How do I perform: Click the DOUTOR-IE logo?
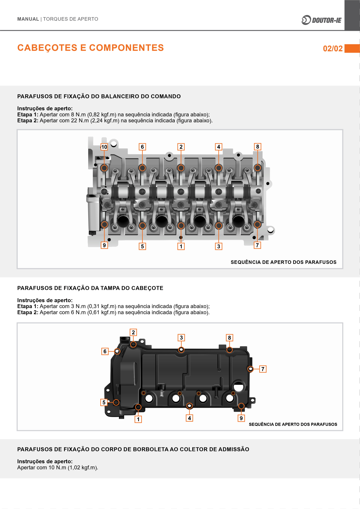tap(322, 20)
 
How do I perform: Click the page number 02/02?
tap(333, 48)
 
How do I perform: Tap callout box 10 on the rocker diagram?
tap(104, 147)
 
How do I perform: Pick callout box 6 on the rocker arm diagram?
tap(142, 147)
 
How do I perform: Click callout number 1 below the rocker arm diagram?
tap(181, 246)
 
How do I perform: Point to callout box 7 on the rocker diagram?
tap(257, 245)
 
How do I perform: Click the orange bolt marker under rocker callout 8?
tap(258, 168)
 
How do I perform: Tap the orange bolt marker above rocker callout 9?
tap(104, 224)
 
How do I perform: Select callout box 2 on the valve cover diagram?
tap(133, 332)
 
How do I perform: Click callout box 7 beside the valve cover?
tap(263, 369)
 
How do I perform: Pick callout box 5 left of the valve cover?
tap(104, 402)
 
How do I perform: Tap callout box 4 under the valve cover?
tap(189, 418)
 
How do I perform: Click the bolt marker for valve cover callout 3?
tap(181, 349)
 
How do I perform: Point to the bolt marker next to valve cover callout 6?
tap(117, 352)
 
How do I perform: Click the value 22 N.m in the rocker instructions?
tap(80, 121)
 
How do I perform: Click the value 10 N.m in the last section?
tap(57, 468)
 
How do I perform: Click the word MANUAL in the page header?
tap(28, 19)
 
